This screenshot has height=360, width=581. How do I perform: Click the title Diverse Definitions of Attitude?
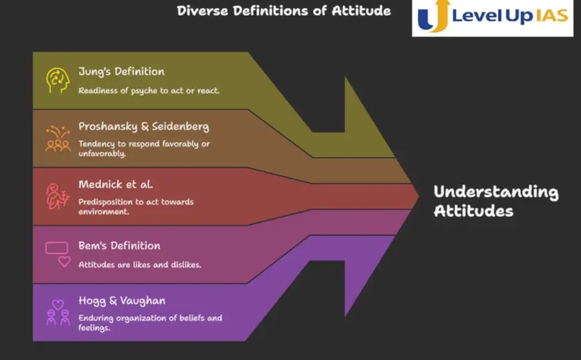pyautogui.click(x=284, y=11)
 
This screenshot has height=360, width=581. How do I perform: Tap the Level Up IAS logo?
pyautogui.click(x=493, y=18)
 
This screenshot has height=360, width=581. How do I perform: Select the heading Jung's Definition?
pyautogui.click(x=121, y=71)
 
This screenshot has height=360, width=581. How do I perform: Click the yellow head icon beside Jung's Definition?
pyautogui.click(x=58, y=80)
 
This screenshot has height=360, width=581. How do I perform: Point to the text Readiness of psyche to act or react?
pyautogui.click(x=148, y=91)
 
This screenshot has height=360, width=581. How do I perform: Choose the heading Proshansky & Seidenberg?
pyautogui.click(x=144, y=126)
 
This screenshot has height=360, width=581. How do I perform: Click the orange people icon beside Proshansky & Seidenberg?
pyautogui.click(x=58, y=139)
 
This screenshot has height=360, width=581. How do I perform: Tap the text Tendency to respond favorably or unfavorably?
pyautogui.click(x=144, y=148)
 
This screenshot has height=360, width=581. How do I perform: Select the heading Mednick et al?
pyautogui.click(x=116, y=184)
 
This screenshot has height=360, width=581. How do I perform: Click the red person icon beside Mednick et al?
pyautogui.click(x=58, y=196)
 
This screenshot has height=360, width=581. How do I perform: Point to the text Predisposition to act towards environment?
pyautogui.click(x=136, y=206)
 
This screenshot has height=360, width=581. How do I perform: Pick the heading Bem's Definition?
pyautogui.click(x=119, y=246)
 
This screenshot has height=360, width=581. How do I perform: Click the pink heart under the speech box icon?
pyautogui.click(x=65, y=262)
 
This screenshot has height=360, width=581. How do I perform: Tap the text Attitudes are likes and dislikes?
pyautogui.click(x=140, y=265)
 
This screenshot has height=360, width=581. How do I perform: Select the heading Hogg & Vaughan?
pyautogui.click(x=122, y=301)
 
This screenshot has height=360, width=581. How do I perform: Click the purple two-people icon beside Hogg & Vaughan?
pyautogui.click(x=58, y=313)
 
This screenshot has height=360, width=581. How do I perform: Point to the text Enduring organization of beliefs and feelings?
pyautogui.click(x=150, y=323)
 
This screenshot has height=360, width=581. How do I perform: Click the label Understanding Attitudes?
pyautogui.click(x=496, y=201)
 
